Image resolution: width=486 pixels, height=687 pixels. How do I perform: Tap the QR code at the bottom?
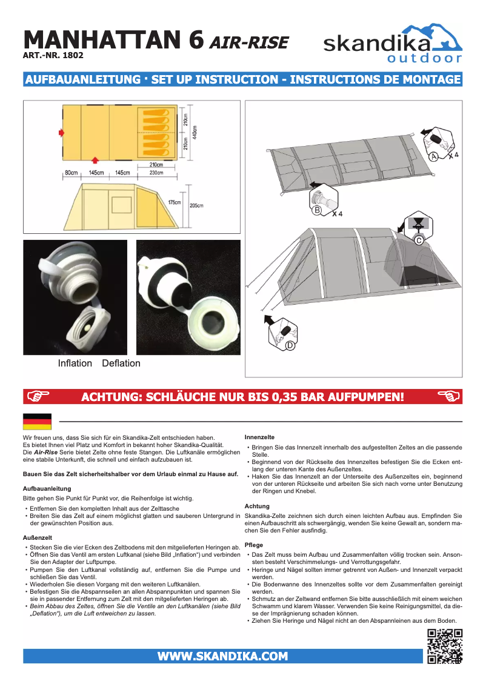point(444,646)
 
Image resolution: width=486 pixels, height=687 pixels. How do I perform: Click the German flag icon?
point(37,421)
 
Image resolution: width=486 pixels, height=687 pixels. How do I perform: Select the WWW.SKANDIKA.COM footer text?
point(222,656)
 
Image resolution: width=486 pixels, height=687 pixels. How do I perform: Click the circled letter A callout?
point(433,156)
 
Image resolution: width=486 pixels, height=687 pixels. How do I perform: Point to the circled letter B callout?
point(317,211)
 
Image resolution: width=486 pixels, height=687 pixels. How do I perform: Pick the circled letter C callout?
point(418,240)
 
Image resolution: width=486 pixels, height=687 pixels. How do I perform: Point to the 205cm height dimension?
point(196,205)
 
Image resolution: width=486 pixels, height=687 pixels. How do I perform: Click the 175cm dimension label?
point(175,202)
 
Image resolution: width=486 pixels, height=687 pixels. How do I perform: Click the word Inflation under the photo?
point(75,363)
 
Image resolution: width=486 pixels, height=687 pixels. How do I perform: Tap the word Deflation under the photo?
point(121,363)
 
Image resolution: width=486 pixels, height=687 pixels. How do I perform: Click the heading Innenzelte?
point(259,437)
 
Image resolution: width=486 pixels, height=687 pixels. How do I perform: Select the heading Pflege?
point(254,545)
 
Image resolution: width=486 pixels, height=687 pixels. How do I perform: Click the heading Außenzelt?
point(36,537)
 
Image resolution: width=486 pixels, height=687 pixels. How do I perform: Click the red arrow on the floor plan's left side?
point(61,131)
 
